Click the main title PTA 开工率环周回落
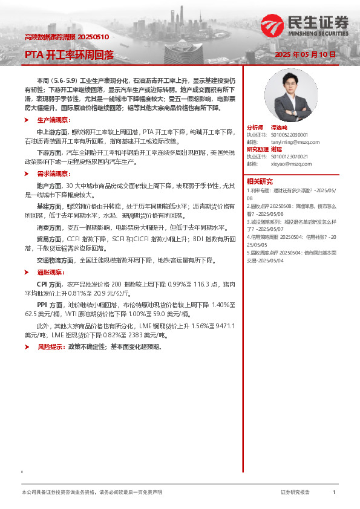tap(69, 55)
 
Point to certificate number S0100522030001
tap(286, 135)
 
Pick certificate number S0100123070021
tap(286, 157)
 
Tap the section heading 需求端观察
tap(51, 172)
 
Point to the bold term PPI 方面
tap(50, 305)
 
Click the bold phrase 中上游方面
tap(50, 131)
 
